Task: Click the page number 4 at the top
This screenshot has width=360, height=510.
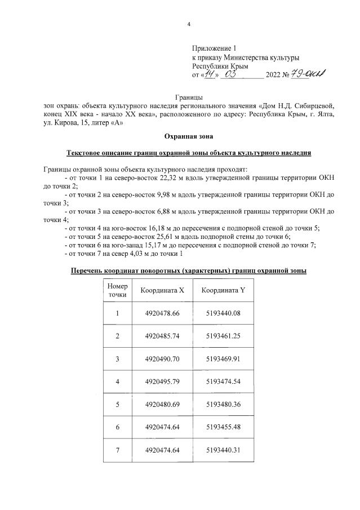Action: point(189,24)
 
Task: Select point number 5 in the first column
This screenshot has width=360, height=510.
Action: point(117,404)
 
